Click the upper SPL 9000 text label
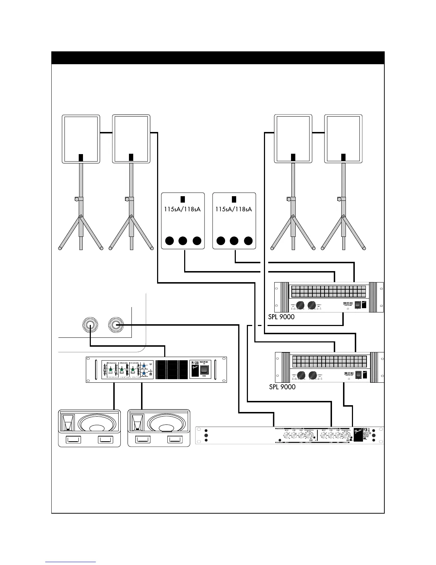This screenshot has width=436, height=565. coord(281,317)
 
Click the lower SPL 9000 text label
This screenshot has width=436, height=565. coord(282,387)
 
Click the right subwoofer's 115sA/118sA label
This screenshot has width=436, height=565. coord(234,209)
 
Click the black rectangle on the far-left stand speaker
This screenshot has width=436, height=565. coord(81,157)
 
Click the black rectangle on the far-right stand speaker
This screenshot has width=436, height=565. coord(343,157)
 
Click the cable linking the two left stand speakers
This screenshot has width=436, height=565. coord(106,133)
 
